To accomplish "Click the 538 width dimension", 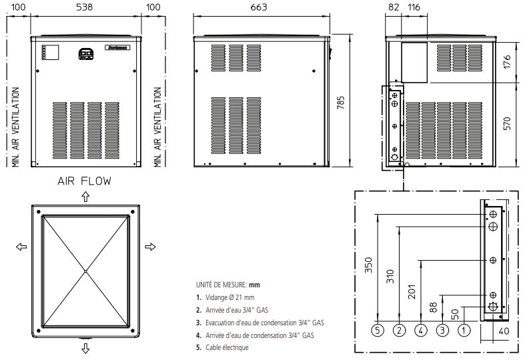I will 85,7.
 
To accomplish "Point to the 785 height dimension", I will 342,102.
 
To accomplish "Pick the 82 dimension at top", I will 394,7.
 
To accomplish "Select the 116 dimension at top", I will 415,7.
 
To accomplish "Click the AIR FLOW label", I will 84,181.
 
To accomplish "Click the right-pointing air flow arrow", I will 150,247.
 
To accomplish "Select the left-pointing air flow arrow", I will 20,247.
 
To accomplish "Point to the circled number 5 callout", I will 378,329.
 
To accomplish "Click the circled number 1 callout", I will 464,329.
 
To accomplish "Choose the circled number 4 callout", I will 420,329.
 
